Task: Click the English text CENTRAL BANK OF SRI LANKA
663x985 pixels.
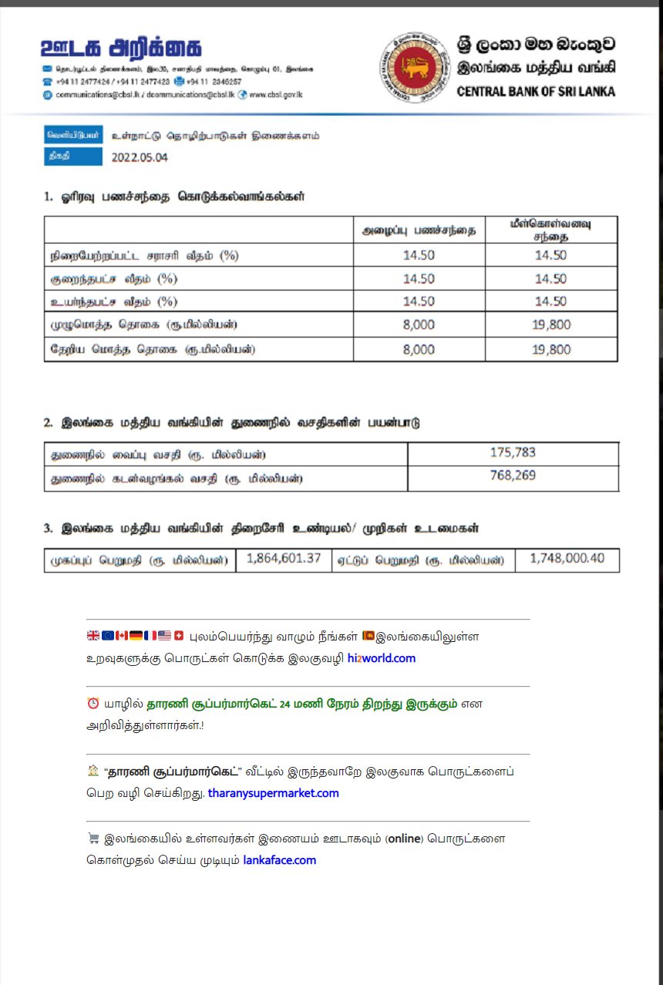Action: (x=536, y=91)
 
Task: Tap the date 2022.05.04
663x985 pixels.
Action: (x=140, y=157)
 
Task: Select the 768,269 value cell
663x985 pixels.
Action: (x=513, y=476)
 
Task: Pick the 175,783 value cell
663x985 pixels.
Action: (x=513, y=452)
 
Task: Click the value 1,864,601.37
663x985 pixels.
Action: (x=284, y=558)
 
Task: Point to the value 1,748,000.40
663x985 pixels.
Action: (x=567, y=558)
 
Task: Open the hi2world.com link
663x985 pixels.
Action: (x=382, y=658)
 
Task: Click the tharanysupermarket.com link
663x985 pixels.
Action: (x=273, y=792)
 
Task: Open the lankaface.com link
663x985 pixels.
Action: (x=279, y=860)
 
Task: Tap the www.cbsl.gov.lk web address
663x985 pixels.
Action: (x=276, y=94)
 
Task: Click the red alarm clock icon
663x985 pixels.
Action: (x=93, y=704)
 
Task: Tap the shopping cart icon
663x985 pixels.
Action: (x=93, y=839)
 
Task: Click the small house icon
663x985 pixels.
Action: (x=93, y=771)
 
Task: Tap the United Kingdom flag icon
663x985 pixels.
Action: (x=93, y=636)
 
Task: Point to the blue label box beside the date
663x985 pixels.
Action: (x=73, y=156)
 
